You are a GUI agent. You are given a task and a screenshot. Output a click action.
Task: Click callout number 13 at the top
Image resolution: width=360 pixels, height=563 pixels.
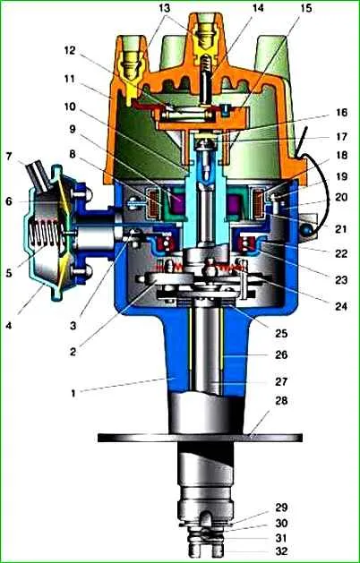coord(165,8)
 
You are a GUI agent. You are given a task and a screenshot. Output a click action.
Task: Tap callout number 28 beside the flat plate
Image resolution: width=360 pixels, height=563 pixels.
coord(281,400)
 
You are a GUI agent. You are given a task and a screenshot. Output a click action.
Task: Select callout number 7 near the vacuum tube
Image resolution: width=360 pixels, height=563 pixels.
coord(9,157)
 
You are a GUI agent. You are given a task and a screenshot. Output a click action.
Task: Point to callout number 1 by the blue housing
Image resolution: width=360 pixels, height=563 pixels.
coord(73,394)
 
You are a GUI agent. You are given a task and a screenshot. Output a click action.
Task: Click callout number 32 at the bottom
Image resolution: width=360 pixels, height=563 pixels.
coord(281,550)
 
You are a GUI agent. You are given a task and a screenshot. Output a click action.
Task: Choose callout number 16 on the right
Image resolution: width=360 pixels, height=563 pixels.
coord(341,113)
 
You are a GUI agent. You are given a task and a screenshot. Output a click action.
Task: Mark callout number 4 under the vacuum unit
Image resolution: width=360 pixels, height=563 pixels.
coord(8,327)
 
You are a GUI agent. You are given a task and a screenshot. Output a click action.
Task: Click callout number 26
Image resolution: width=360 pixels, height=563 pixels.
coord(281,354)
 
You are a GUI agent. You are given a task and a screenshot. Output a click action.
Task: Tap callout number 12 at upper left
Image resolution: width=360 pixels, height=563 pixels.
coord(70,50)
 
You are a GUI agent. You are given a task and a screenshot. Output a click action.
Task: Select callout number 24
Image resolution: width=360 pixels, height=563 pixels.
coord(340,305)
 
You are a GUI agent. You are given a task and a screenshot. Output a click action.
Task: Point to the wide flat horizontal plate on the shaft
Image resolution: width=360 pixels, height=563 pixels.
coord(200,438)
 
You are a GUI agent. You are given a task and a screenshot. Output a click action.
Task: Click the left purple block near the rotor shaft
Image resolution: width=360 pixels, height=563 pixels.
coord(176,204)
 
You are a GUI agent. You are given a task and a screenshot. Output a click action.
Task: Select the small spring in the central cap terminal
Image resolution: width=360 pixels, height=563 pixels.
coord(205,64)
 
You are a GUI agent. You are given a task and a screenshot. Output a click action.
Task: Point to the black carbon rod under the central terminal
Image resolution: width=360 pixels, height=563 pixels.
coord(206,89)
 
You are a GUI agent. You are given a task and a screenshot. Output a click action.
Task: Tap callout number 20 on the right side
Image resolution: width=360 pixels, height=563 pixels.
coord(341,197)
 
